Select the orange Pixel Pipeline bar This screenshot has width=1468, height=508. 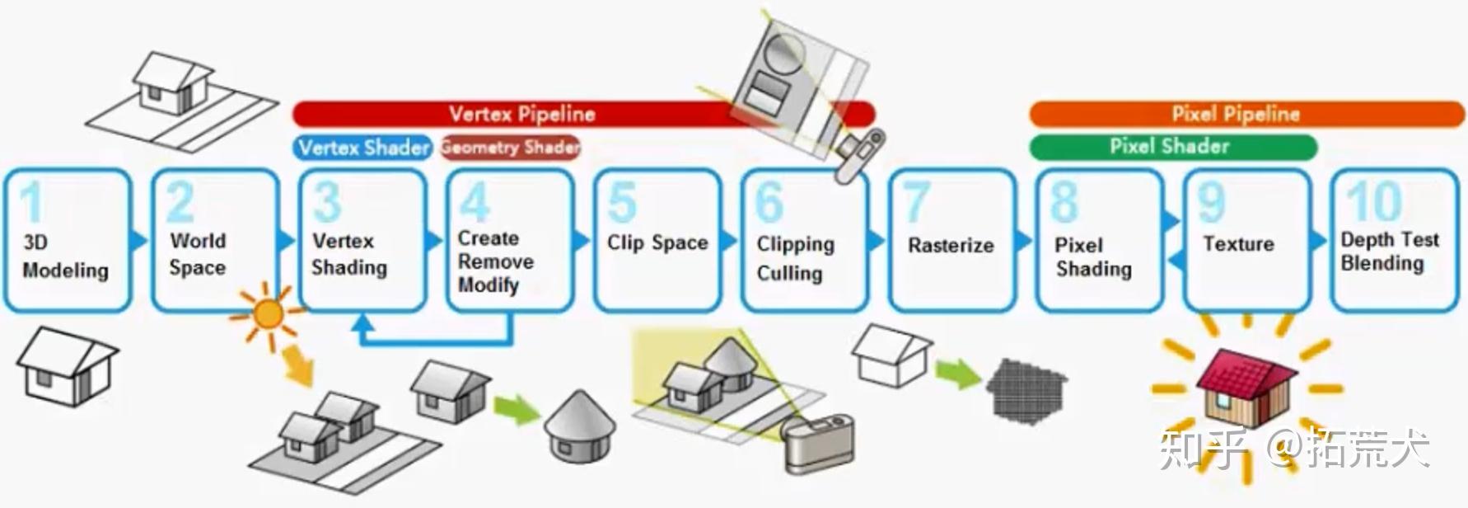pos(1236,114)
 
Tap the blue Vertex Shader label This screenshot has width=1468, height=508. pos(362,148)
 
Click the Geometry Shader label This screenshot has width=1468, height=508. pos(510,148)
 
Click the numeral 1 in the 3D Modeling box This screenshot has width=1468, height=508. pos(31,202)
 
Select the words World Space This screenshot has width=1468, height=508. pos(197,254)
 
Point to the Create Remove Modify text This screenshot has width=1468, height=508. pos(495,261)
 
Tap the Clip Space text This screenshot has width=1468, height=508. pos(657,242)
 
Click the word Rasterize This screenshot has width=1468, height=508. pos(951,245)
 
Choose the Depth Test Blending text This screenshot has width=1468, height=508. pos(1389,251)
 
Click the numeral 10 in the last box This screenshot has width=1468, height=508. pos(1373,201)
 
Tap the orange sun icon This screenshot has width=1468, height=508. pos(268,314)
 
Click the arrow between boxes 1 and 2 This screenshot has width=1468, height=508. pos(139,241)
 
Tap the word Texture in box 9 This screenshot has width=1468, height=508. pos(1237,244)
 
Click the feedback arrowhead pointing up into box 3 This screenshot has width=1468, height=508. pos(362,324)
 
